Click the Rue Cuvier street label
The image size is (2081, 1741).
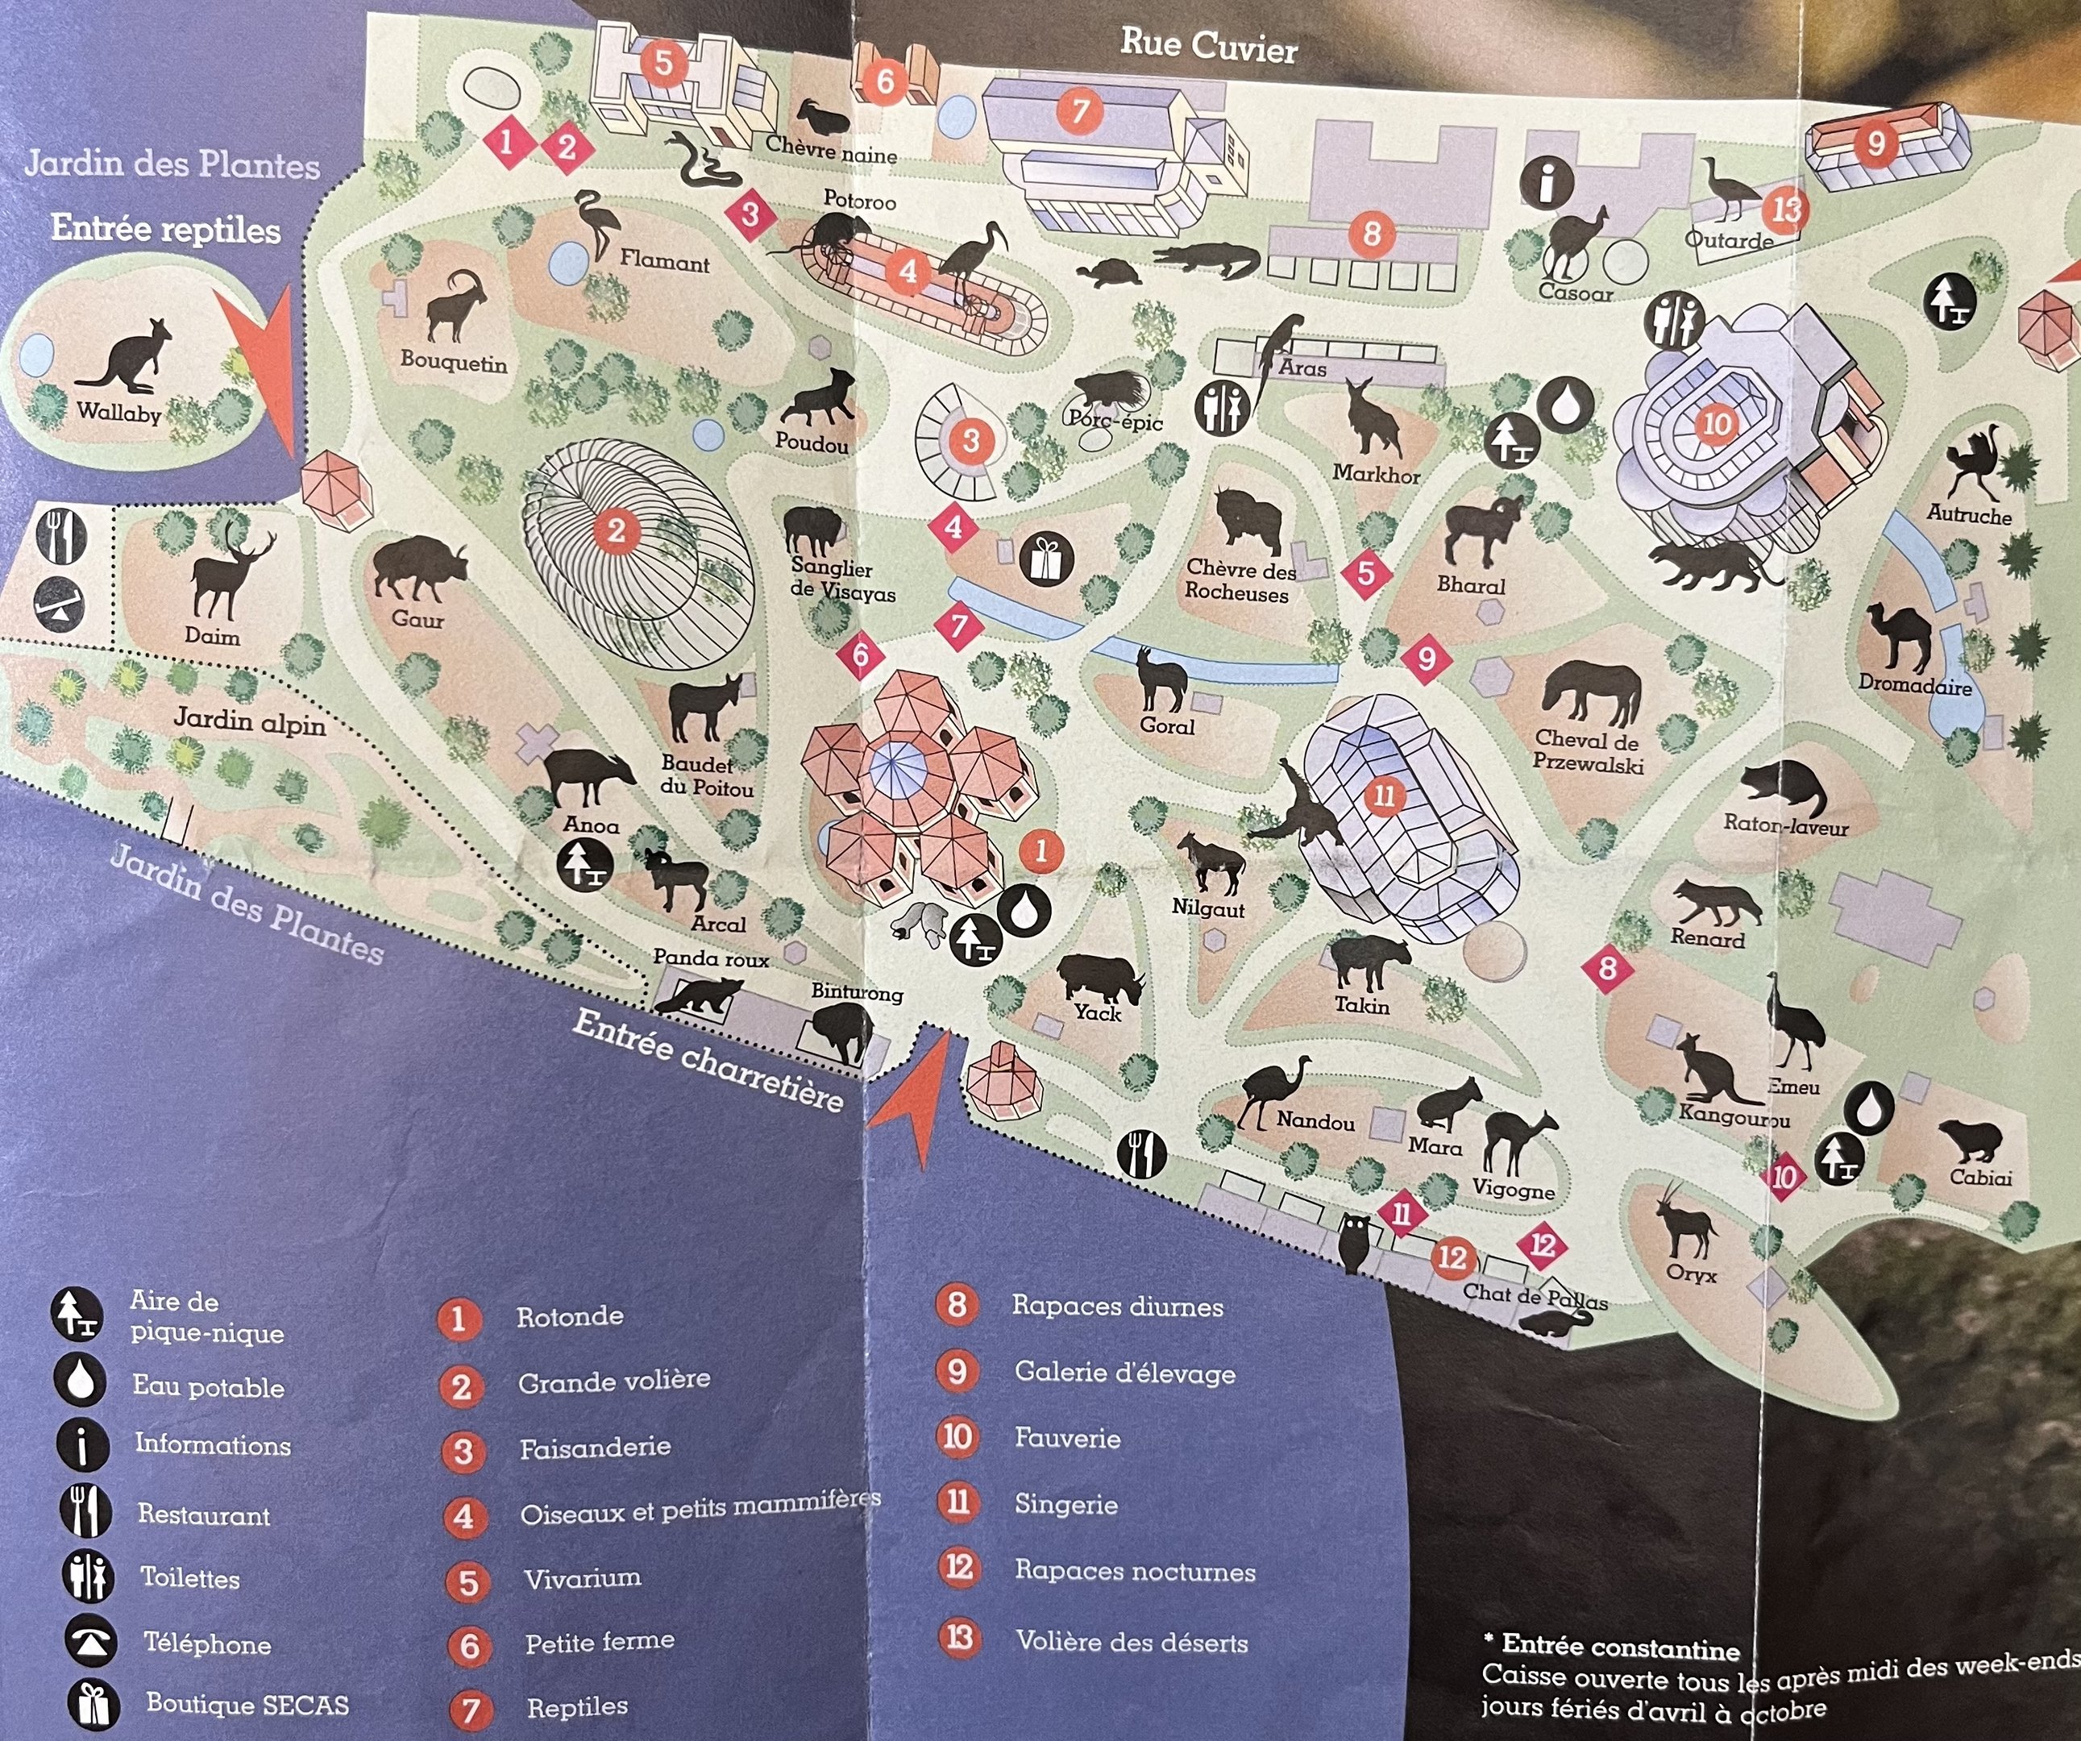(x=1208, y=46)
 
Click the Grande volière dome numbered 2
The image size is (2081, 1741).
(x=617, y=531)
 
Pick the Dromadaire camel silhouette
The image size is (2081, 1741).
(x=1899, y=635)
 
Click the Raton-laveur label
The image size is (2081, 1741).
(x=1784, y=825)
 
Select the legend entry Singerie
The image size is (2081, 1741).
(x=1065, y=1504)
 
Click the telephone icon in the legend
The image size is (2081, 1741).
(x=91, y=1642)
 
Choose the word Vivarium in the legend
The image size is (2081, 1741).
(x=582, y=1577)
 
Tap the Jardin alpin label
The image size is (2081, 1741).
(x=250, y=721)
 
